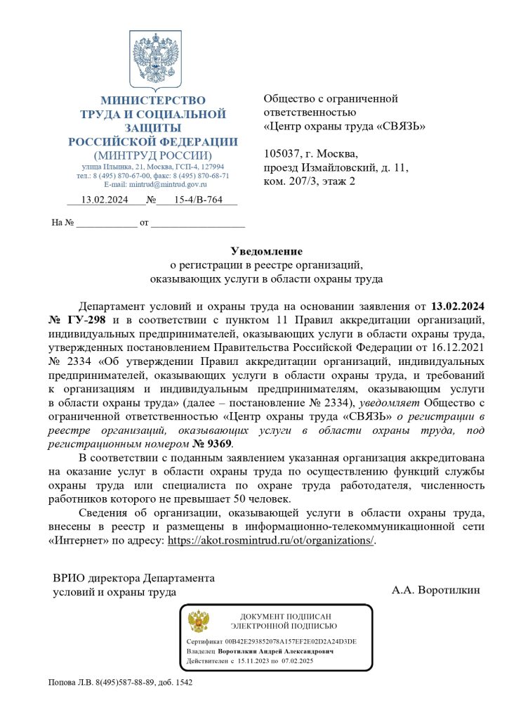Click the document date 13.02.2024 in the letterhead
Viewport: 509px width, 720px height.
(x=105, y=200)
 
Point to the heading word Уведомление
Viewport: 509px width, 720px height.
(x=267, y=251)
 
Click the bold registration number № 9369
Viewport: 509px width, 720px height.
(x=211, y=444)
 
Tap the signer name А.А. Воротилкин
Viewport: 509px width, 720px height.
(x=436, y=590)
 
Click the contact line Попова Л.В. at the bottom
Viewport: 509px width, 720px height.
(x=119, y=682)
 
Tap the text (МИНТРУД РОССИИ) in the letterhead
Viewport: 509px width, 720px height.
(x=152, y=155)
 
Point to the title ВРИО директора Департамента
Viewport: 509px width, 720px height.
(x=134, y=578)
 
